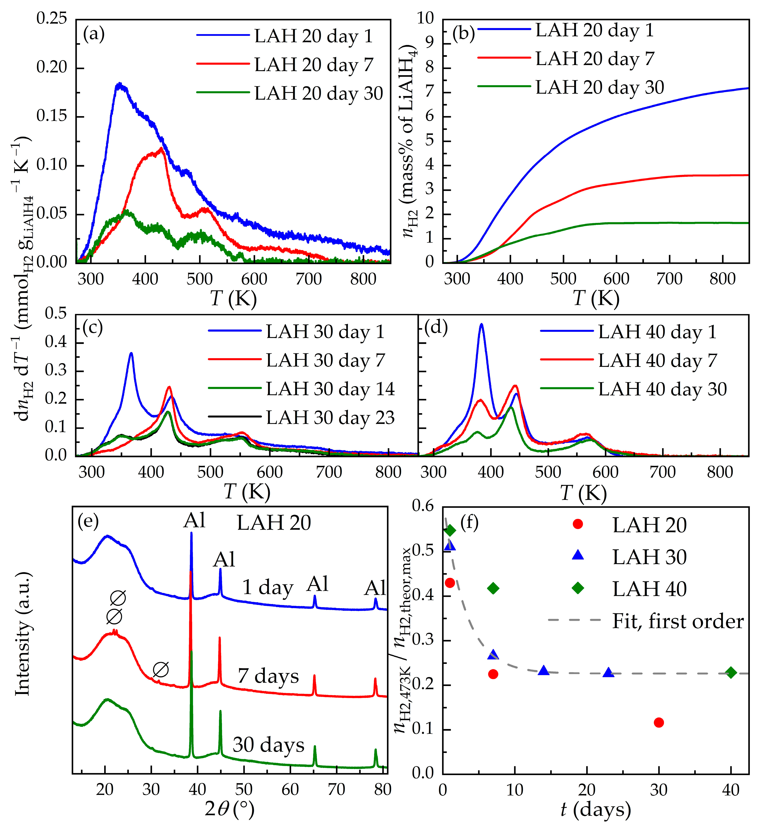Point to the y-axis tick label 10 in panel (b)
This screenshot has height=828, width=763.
tap(425, 18)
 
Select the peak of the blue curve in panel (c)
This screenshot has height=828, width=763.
tap(131, 353)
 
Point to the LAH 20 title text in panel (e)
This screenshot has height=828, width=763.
tap(274, 523)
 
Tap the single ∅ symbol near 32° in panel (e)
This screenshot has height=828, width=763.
tap(161, 670)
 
